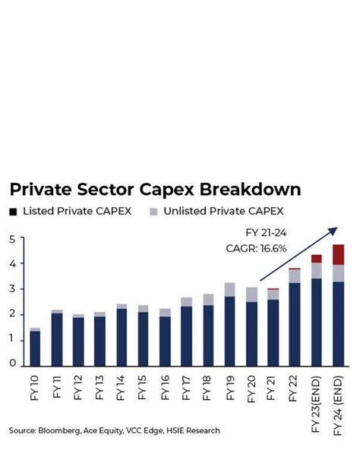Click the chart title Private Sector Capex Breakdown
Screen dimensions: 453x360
coord(155,190)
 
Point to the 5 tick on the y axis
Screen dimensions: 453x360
coord(12,240)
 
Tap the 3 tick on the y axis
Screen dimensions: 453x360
coord(12,289)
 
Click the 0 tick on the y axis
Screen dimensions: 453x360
coord(12,363)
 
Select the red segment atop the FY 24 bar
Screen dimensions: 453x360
coord(339,254)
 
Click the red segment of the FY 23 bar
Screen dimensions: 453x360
coord(317,259)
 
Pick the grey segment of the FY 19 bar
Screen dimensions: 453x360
coord(229,289)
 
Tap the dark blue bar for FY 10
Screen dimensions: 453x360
coord(35,348)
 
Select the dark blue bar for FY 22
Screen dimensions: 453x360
coord(294,323)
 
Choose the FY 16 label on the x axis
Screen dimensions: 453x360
coord(165,387)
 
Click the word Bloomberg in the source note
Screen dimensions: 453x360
coord(62,431)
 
